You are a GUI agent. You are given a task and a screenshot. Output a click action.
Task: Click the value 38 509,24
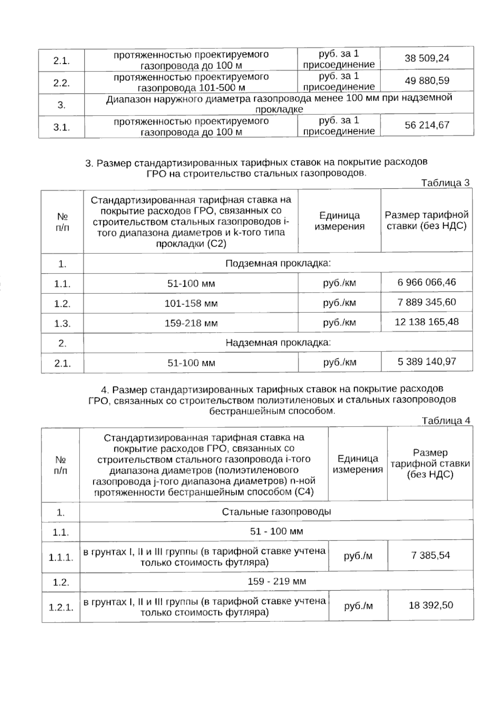[x=427, y=58]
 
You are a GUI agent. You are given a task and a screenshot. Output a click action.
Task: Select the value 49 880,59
[x=427, y=81]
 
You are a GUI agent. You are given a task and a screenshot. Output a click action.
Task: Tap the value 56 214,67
[x=427, y=125]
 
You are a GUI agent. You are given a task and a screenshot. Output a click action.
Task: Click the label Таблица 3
[x=445, y=183]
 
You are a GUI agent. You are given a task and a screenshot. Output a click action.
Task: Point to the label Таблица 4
[x=445, y=420]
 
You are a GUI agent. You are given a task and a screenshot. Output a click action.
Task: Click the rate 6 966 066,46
[x=427, y=282]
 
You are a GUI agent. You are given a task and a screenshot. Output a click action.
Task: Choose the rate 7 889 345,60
[x=427, y=302]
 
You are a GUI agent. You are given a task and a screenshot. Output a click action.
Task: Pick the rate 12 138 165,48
[x=427, y=322]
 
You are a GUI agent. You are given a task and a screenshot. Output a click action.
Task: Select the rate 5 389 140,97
[x=427, y=362]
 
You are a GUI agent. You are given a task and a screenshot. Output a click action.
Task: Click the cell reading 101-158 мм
[x=191, y=304]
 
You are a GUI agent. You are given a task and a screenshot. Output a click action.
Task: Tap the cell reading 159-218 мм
[x=191, y=323]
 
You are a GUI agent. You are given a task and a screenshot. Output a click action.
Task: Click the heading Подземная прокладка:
[x=278, y=263]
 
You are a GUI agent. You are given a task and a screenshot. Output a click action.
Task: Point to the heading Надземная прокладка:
[x=278, y=342]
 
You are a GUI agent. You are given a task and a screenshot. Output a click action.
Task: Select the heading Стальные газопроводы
[x=276, y=512]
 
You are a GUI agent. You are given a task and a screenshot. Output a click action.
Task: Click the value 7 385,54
[x=430, y=555]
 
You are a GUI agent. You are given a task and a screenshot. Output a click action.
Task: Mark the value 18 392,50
[x=431, y=605]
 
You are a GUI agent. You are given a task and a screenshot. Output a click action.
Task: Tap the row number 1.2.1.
[x=61, y=607]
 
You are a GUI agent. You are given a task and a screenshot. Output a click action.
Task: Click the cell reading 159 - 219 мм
[x=276, y=581]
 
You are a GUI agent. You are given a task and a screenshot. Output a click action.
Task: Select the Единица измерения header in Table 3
[x=339, y=221]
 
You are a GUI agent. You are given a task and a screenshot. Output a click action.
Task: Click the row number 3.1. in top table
[x=61, y=127]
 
